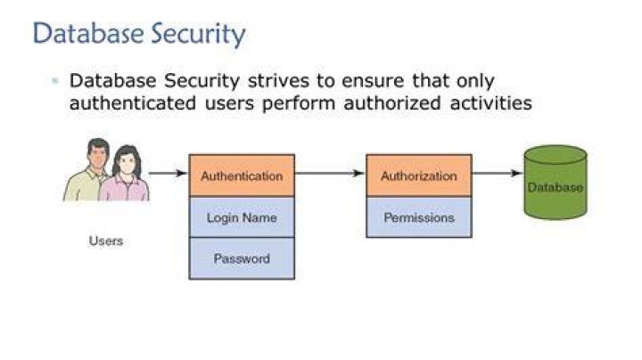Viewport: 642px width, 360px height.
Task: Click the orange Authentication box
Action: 242,176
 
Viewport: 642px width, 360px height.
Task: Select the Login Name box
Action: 242,217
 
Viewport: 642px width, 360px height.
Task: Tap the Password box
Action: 242,258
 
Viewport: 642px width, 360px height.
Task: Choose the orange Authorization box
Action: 419,176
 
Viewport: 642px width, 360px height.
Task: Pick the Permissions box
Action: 419,217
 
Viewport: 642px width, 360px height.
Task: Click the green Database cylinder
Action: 556,182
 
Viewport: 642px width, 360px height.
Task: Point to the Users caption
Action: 106,241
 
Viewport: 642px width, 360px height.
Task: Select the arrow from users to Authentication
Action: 168,173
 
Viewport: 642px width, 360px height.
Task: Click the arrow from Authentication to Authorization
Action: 330,173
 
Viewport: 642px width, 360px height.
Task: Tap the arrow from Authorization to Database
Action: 498,173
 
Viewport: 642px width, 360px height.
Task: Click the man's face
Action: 98,155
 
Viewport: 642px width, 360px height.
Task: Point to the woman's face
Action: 127,161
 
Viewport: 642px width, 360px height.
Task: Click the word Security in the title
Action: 198,34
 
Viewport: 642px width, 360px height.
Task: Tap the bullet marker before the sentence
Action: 55,80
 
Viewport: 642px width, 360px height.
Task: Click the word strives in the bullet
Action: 278,80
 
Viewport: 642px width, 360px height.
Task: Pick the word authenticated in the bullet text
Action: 133,102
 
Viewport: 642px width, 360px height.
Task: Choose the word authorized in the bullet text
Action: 392,102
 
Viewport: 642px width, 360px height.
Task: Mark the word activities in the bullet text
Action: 491,102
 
